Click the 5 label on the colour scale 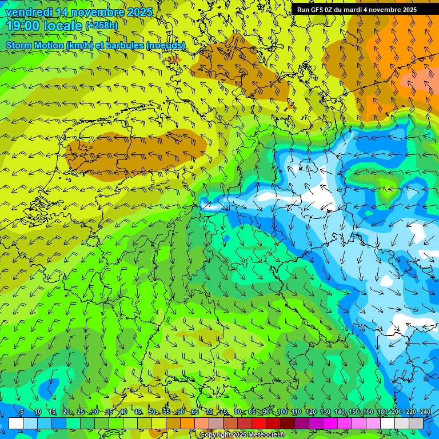pyautogui.click(x=22, y=412)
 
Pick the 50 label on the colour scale pyautogui.click(x=152, y=412)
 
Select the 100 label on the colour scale pyautogui.click(x=282, y=412)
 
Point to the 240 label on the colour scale pyautogui.click(x=425, y=412)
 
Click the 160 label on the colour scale pyautogui.click(x=368, y=412)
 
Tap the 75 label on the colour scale pyautogui.click(x=224, y=412)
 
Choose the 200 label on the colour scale pyautogui.click(x=396, y=412)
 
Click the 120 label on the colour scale pyautogui.click(x=310, y=412)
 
